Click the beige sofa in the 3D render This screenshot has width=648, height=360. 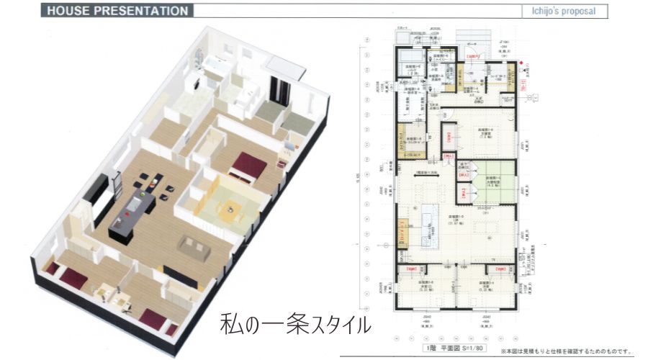pos(197,248)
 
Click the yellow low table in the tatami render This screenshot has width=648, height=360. pos(230,210)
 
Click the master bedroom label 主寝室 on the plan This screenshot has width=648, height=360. pos(484,133)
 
